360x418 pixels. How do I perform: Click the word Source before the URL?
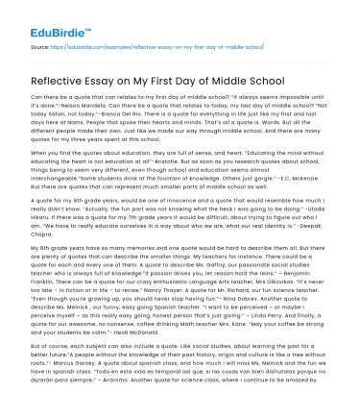(41, 45)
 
